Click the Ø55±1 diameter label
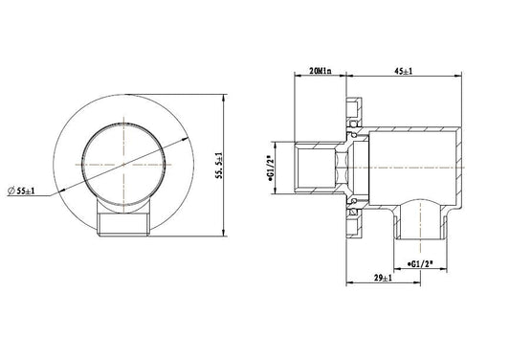click(21, 191)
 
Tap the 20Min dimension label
click(320, 71)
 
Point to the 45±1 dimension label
click(404, 71)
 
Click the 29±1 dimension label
click(383, 278)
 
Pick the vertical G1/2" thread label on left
click(269, 169)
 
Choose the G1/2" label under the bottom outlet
click(420, 264)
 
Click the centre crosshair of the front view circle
click(123, 165)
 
